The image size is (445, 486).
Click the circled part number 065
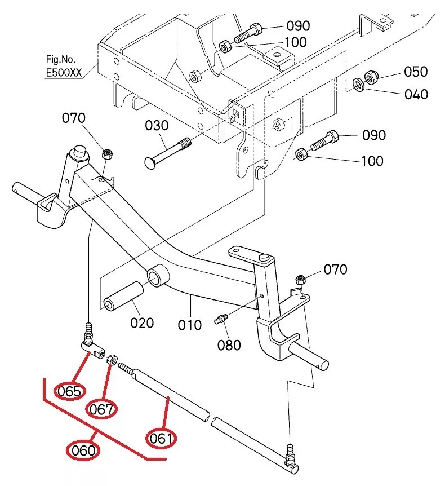click(69, 391)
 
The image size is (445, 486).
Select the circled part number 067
click(101, 409)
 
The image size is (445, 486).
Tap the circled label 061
click(161, 438)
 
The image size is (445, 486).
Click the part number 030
click(157, 126)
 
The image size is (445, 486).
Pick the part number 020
click(142, 323)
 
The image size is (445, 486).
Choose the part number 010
click(189, 325)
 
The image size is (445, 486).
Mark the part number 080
click(229, 345)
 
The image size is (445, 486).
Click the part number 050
click(416, 72)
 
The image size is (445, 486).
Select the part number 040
click(416, 94)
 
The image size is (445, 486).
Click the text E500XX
click(64, 73)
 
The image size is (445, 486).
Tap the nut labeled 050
click(371, 77)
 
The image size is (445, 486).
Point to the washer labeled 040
click(359, 85)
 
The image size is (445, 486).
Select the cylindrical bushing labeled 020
click(123, 297)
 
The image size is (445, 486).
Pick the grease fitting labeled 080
click(221, 319)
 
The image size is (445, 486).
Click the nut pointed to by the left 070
click(107, 154)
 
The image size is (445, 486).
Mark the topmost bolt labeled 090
click(248, 33)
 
